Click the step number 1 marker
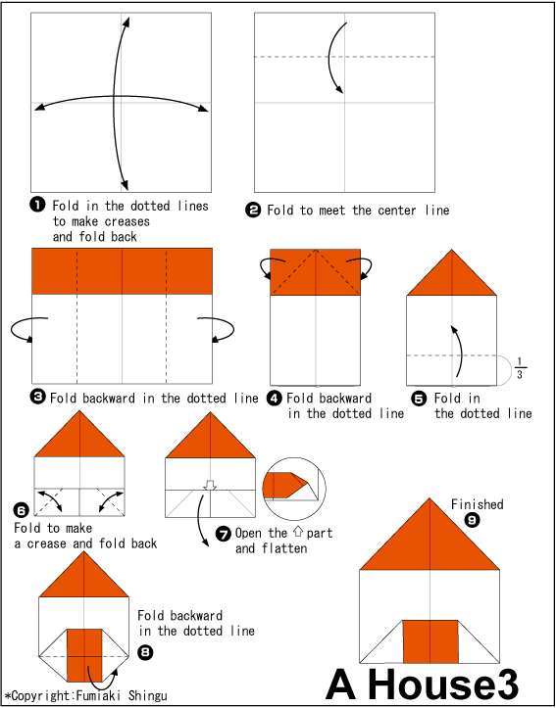37,205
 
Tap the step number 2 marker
253,210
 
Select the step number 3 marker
38,398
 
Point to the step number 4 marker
275,399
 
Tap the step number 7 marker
223,534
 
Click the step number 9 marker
473,521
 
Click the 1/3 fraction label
520,369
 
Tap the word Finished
477,504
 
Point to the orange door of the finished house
431,642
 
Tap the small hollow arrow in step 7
208,484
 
